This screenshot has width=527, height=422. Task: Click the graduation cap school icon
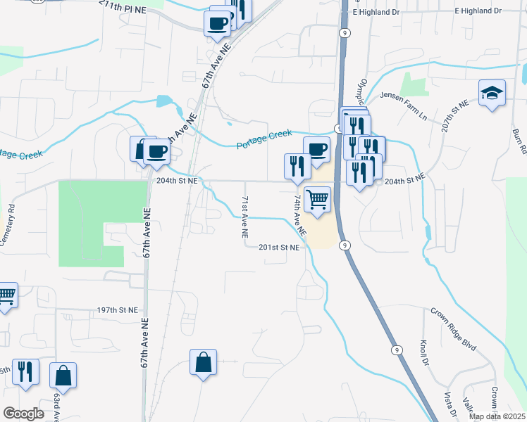[491, 93]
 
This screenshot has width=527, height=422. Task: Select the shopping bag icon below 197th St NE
[203, 363]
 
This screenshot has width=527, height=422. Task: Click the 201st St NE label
[279, 248]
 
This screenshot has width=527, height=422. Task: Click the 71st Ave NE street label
[244, 216]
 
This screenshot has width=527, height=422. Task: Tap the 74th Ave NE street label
[299, 215]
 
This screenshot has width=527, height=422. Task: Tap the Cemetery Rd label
[8, 224]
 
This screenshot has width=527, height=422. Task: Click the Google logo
[23, 413]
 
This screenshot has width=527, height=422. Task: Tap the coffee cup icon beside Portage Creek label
[317, 148]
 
